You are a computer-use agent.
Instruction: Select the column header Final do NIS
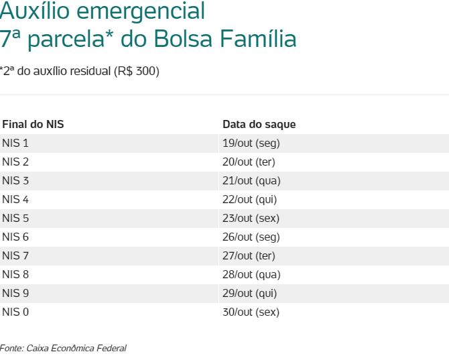[33, 125]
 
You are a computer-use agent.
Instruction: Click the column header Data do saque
[259, 125]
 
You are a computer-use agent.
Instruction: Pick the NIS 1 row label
[15, 143]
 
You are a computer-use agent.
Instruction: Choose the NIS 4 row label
[15, 200]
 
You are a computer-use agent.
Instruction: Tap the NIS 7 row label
[15, 256]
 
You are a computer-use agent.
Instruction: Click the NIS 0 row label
[15, 312]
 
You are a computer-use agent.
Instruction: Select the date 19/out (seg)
[251, 143]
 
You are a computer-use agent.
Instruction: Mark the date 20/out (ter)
[249, 162]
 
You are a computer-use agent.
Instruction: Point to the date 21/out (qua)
[251, 181]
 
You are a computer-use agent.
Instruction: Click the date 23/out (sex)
[251, 219]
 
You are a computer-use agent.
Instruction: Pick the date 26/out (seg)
[251, 237]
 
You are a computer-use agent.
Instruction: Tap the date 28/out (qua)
[251, 275]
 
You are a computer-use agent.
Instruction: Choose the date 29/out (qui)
[249, 294]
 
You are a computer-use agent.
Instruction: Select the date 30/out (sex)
[251, 312]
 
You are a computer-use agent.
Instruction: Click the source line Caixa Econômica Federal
[76, 348]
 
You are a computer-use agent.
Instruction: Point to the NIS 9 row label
[15, 294]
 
